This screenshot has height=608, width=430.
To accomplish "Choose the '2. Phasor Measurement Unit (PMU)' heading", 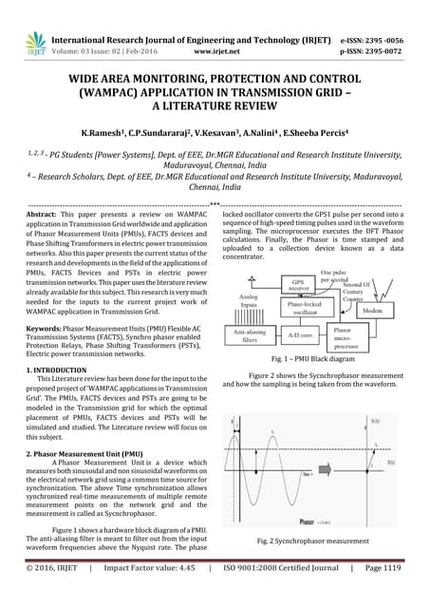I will click(84, 455).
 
